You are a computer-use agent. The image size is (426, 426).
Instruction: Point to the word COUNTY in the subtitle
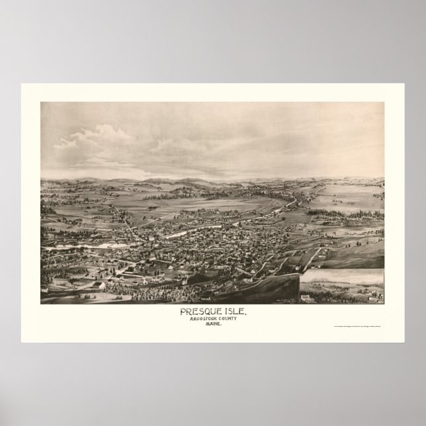pos(232,319)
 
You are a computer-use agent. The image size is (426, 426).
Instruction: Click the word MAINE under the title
pos(213,326)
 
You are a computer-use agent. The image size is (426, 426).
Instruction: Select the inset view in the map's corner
pos(341,286)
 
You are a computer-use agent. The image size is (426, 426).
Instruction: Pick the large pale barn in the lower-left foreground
pos(97,285)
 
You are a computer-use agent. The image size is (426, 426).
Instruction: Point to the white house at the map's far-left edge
pos(44,289)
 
